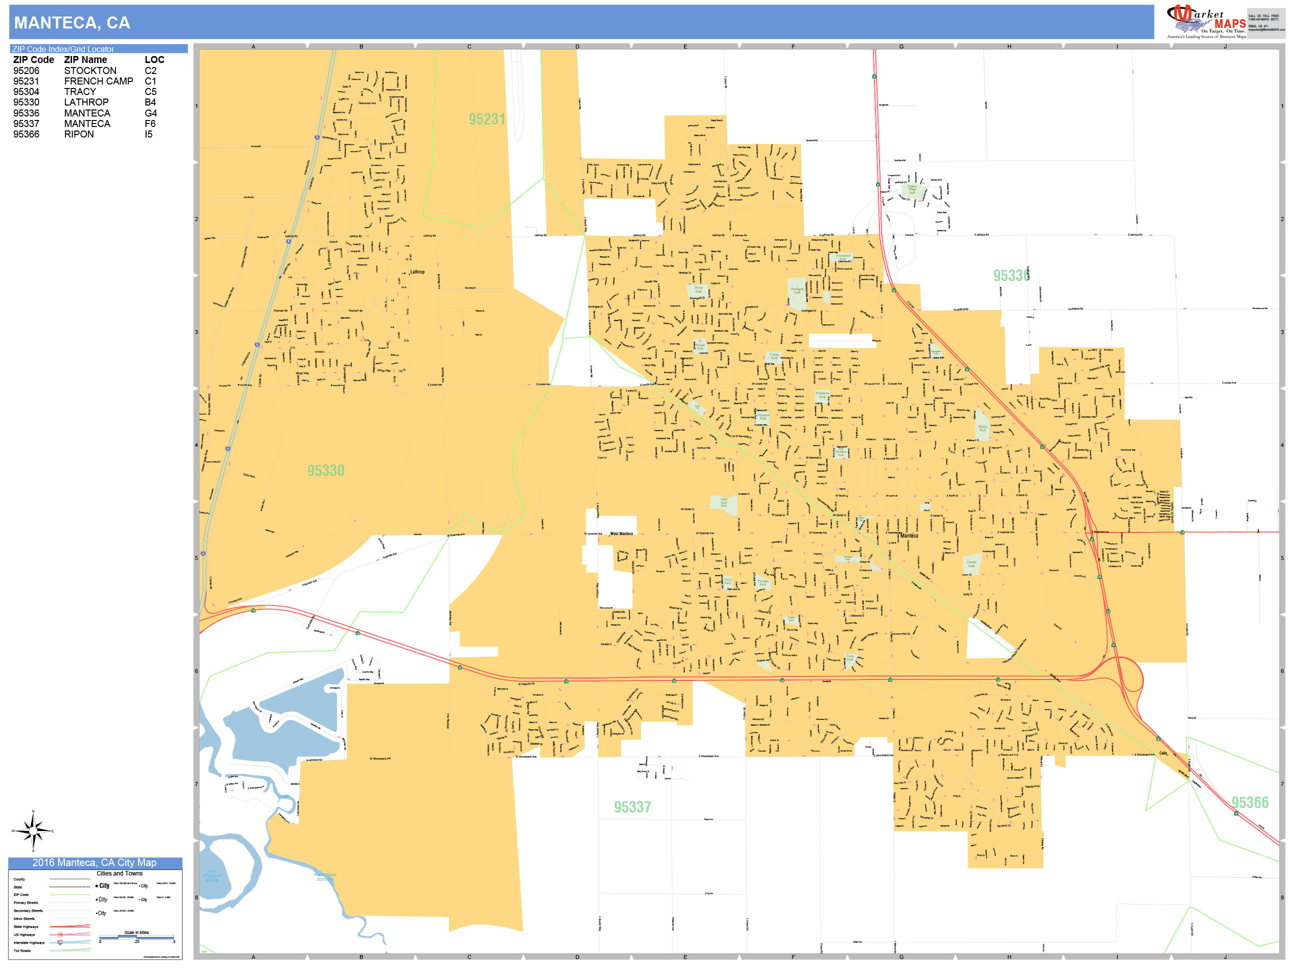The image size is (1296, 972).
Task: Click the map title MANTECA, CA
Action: click(72, 23)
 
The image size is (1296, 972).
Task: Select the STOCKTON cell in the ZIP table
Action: click(90, 71)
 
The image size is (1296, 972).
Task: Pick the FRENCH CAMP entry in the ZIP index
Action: click(98, 81)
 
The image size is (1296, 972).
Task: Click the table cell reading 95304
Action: click(26, 92)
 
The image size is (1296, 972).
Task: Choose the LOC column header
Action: click(154, 60)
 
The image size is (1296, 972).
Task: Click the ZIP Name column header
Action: click(85, 60)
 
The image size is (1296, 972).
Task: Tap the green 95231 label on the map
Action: click(486, 119)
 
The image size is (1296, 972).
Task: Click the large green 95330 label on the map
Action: click(326, 470)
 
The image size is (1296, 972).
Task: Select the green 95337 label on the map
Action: click(632, 807)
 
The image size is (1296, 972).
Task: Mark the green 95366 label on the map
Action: click(1249, 802)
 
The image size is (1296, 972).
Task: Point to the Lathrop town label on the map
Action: click(417, 272)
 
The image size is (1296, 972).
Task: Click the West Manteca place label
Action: click(621, 534)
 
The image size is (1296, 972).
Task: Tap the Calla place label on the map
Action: click(1163, 753)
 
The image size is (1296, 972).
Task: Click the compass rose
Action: click(33, 831)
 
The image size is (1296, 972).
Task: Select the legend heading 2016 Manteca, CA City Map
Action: click(94, 863)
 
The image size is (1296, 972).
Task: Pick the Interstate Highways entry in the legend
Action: click(29, 942)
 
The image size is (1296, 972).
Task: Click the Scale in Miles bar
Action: click(136, 937)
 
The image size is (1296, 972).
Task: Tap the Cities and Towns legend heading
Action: click(119, 873)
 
